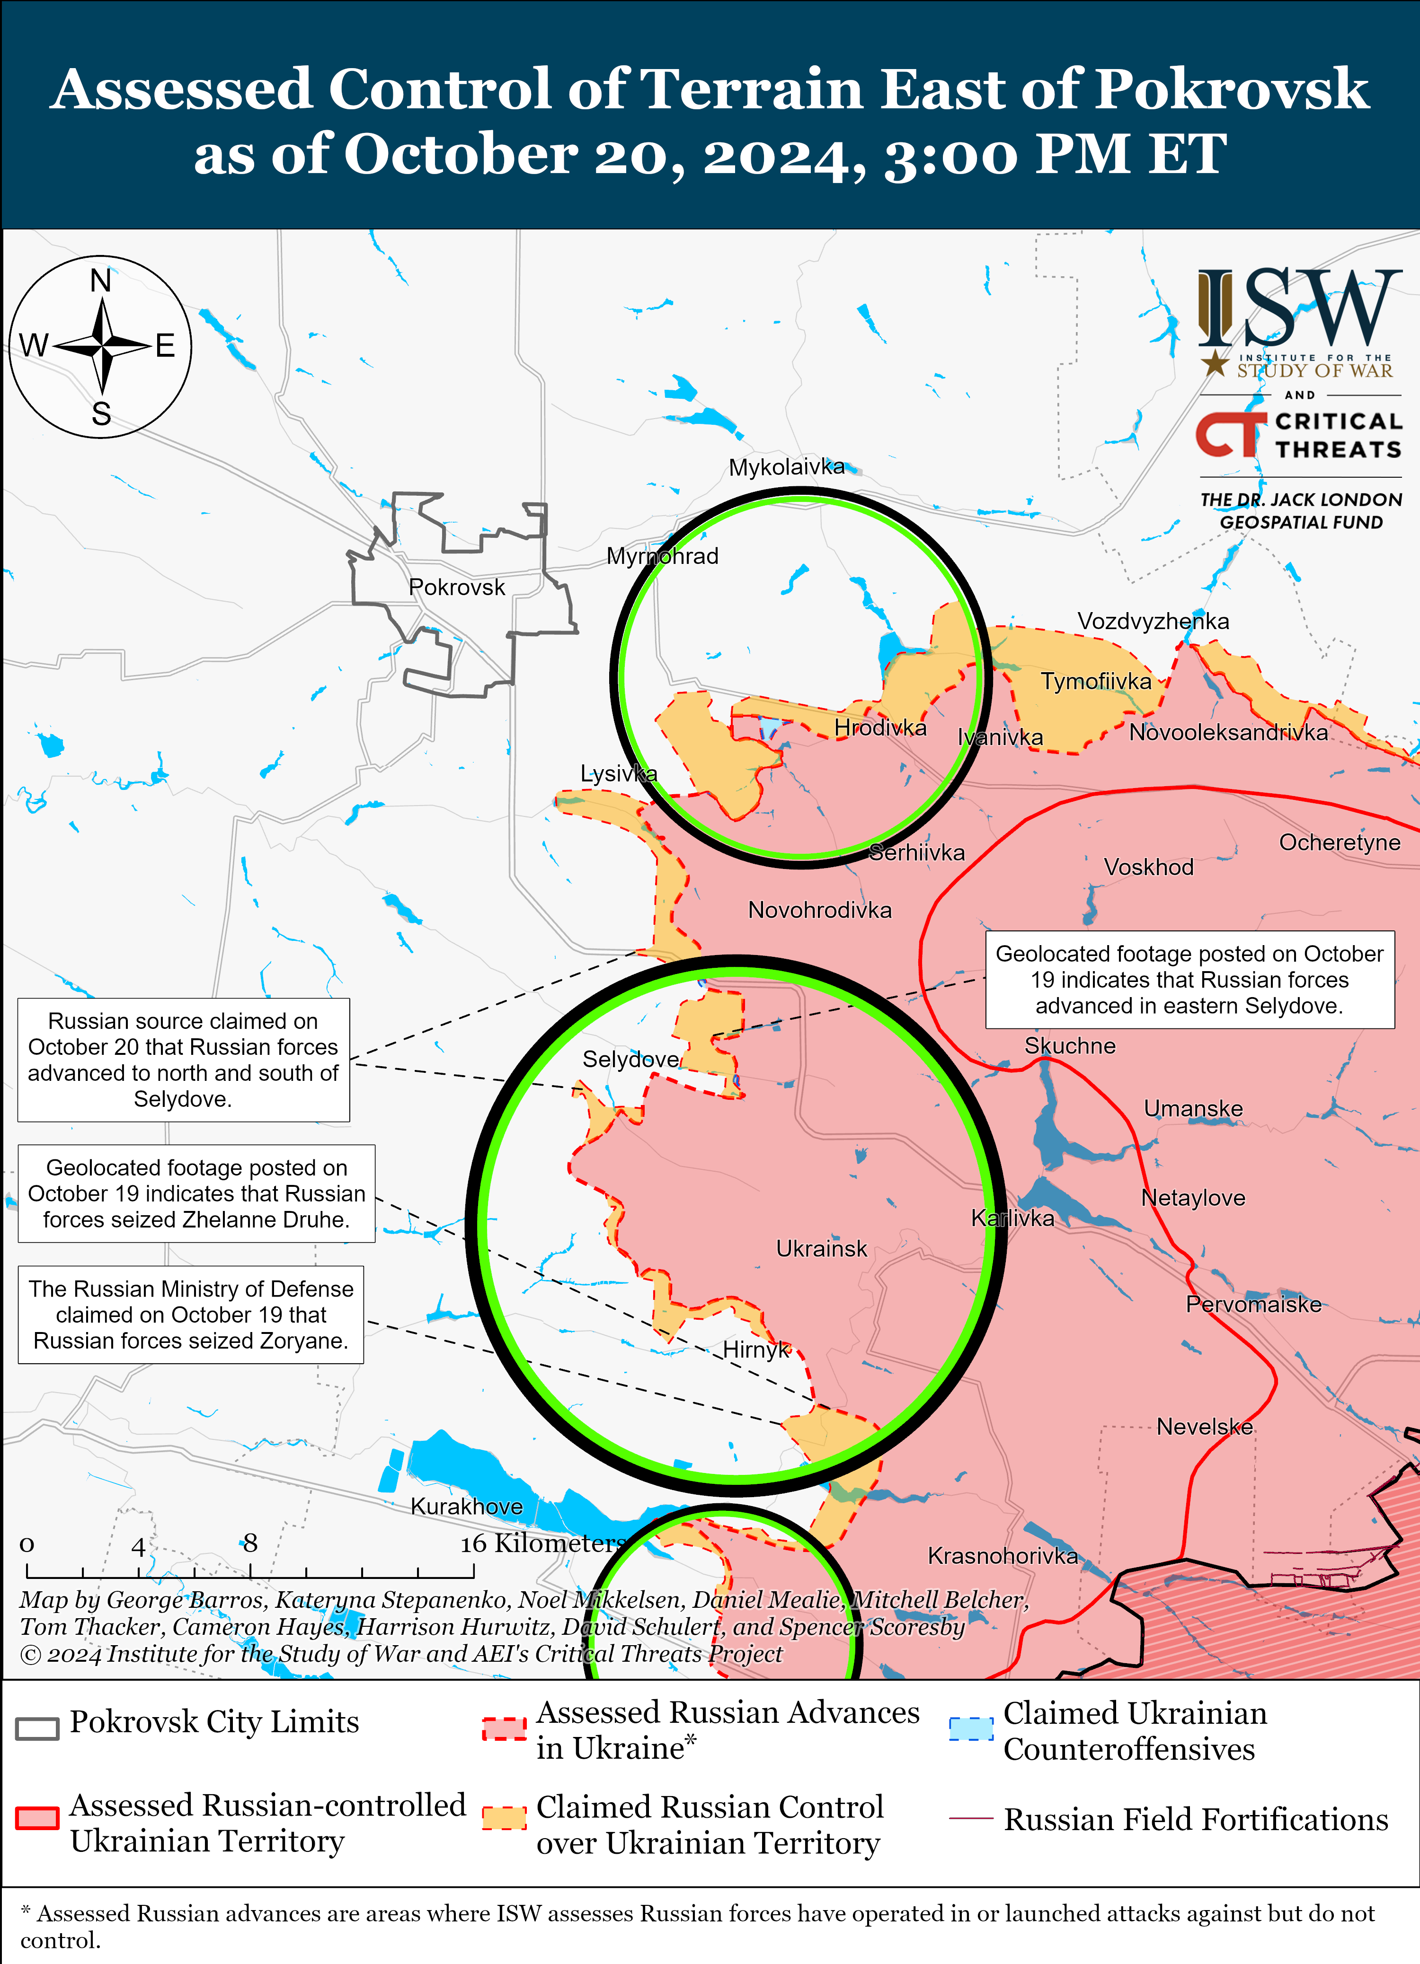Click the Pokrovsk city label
coord(457,587)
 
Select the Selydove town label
coord(630,1059)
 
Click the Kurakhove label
coord(466,1506)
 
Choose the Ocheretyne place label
coord(1340,842)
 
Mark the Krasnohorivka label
coord(1003,1555)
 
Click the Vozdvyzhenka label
coord(1153,621)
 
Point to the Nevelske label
coord(1204,1426)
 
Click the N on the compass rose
coord(101,281)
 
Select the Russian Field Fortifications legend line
coord(970,1818)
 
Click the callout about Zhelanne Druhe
coord(196,1193)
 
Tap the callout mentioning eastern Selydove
coord(1189,980)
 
